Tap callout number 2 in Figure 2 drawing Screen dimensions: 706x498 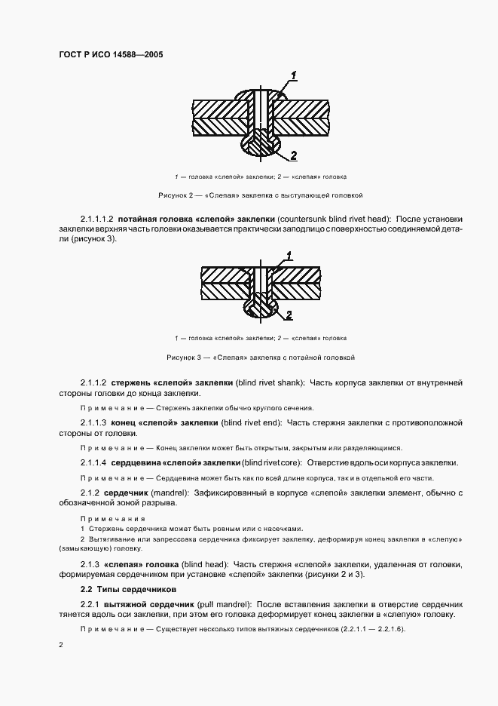293,155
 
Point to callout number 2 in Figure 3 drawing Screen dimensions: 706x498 289,312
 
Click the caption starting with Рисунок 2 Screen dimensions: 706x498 260,195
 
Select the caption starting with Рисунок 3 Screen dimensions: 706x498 260,357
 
